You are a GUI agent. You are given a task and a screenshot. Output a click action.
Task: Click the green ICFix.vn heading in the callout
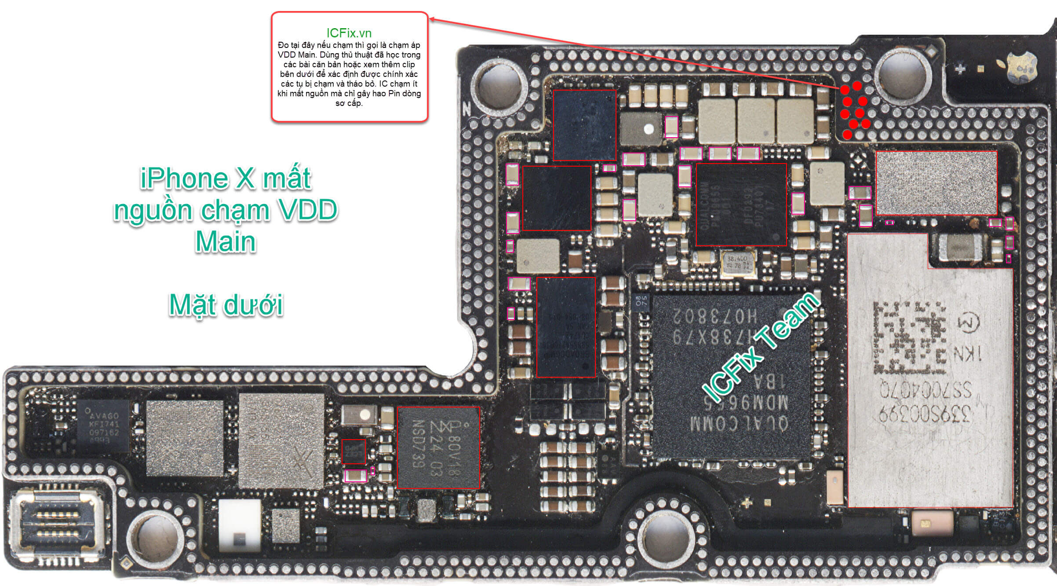pos(349,33)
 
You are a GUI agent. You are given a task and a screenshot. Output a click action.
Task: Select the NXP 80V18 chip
pos(438,448)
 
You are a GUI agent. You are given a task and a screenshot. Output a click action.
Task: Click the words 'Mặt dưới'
pos(226,305)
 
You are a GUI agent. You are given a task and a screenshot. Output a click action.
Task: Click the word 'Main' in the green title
pos(226,241)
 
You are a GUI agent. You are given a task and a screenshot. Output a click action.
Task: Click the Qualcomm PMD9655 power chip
pos(741,204)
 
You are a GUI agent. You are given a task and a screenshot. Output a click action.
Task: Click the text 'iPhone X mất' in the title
pos(226,178)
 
